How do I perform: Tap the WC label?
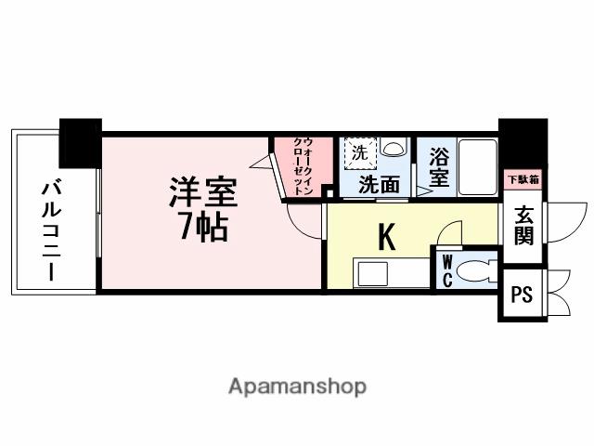click(x=446, y=270)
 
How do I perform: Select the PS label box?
click(x=522, y=295)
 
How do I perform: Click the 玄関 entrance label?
click(x=523, y=224)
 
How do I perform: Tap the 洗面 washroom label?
click(x=380, y=185)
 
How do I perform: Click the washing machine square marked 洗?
click(x=358, y=151)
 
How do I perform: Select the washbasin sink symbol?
click(x=394, y=149)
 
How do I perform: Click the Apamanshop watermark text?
click(x=297, y=386)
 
